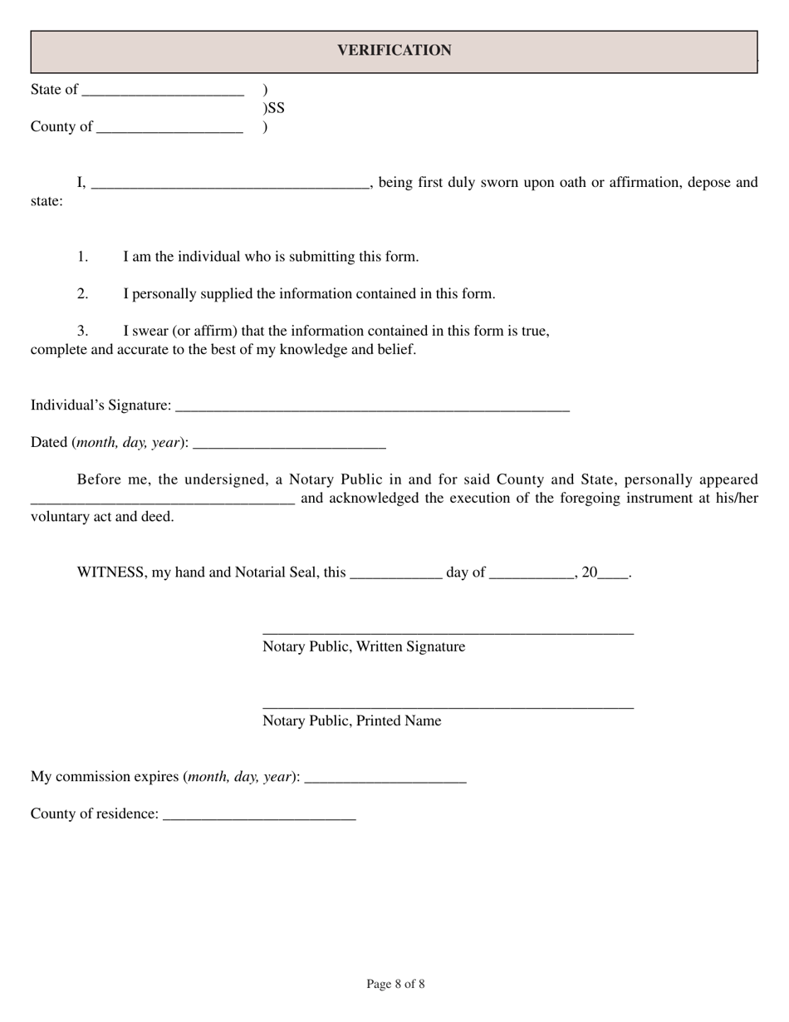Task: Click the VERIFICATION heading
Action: [x=394, y=51]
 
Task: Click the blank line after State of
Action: [x=164, y=91]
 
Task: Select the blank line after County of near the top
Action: [x=169, y=128]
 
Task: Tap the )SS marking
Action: [x=273, y=108]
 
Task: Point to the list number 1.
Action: [x=83, y=257]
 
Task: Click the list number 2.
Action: [x=83, y=294]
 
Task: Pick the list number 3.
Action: [x=83, y=332]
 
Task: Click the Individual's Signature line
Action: [x=373, y=406]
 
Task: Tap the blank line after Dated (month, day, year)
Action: [x=289, y=444]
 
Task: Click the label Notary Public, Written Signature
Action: [x=364, y=646]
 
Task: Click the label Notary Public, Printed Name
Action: [x=352, y=721]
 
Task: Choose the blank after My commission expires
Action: [x=385, y=778]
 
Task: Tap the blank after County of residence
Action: [x=260, y=815]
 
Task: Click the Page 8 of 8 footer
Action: [x=395, y=985]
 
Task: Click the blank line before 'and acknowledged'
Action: [x=163, y=499]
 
